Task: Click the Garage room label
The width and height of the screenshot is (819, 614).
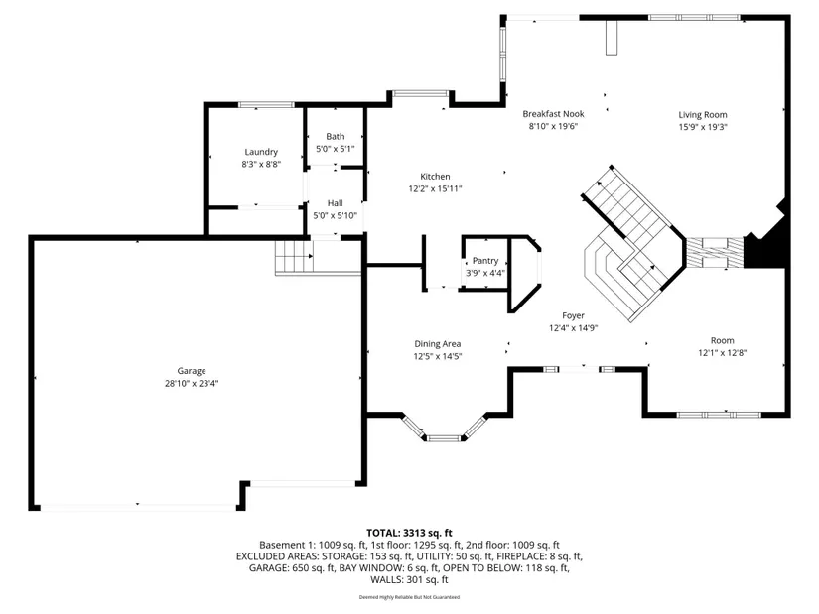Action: (x=192, y=371)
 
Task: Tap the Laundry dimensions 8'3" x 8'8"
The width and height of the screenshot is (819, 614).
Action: (x=261, y=164)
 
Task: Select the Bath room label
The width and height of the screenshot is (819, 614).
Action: (x=336, y=136)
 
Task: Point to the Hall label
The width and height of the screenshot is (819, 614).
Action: (x=336, y=203)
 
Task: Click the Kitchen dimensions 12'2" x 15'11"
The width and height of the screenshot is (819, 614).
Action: (x=435, y=189)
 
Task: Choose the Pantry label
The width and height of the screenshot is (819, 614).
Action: (x=485, y=261)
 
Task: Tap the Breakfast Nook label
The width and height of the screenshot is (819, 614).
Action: (x=553, y=114)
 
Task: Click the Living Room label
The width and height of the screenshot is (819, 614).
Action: (x=703, y=115)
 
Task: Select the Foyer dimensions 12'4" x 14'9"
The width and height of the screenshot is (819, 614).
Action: (x=573, y=328)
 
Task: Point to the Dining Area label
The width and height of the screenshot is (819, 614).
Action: (x=437, y=344)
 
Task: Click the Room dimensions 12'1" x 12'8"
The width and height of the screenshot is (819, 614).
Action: (x=723, y=353)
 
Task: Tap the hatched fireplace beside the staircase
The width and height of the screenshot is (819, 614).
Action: (x=715, y=253)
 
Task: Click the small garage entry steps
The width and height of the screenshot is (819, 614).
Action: (x=294, y=256)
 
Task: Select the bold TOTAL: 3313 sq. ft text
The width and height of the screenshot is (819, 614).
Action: (x=409, y=533)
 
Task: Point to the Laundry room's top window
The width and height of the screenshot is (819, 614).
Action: (x=266, y=105)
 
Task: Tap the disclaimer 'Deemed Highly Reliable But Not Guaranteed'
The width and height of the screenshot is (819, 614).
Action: (x=409, y=597)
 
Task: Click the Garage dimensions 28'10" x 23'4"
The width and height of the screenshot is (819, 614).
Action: (x=192, y=384)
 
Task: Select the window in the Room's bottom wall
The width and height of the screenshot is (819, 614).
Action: (x=719, y=415)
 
